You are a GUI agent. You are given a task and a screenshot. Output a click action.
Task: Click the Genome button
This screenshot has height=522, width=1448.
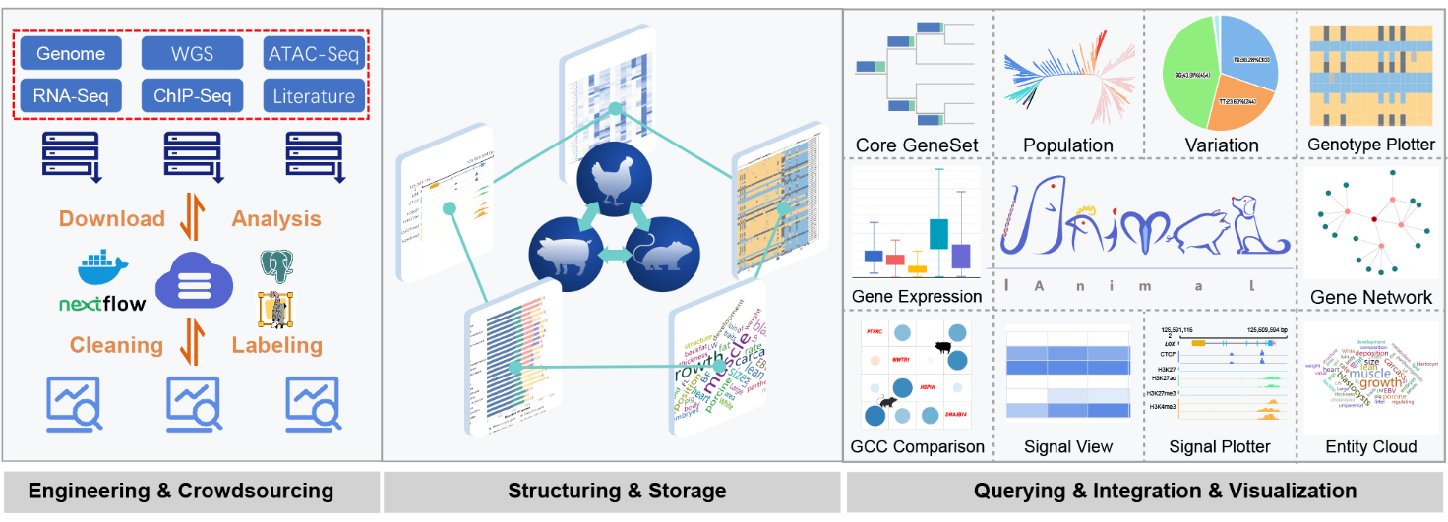click(71, 54)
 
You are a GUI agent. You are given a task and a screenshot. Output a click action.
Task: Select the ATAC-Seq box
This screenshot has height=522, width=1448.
click(315, 54)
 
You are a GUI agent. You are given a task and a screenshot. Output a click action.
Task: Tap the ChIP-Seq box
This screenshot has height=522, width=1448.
click(193, 95)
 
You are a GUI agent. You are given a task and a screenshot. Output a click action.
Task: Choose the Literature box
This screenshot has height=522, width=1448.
click(315, 95)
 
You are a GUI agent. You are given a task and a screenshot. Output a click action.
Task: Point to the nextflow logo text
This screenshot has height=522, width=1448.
click(101, 304)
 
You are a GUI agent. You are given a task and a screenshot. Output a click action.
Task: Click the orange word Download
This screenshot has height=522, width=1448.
click(112, 218)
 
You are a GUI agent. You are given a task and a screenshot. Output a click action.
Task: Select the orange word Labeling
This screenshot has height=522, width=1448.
click(276, 345)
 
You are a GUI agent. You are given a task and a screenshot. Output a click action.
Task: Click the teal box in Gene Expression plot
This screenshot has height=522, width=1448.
click(937, 233)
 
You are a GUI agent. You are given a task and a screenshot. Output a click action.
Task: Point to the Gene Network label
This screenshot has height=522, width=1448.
click(1371, 297)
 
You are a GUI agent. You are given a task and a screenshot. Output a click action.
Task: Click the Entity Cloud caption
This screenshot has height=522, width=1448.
click(1370, 446)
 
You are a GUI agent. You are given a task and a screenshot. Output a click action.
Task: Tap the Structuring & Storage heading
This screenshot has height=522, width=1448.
click(617, 491)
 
